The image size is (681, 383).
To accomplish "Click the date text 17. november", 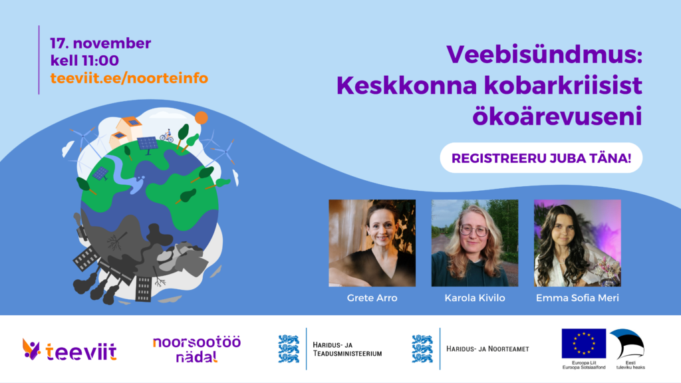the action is tap(100, 43).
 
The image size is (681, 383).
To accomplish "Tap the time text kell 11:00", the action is tap(84, 61).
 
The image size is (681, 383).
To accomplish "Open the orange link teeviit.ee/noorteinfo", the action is tap(129, 78).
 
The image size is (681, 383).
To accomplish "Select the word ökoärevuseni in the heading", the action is tap(557, 116).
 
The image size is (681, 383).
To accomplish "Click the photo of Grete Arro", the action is tap(372, 243).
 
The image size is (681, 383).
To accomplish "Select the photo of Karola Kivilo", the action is tap(475, 243).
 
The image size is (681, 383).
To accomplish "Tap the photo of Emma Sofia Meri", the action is tap(577, 243).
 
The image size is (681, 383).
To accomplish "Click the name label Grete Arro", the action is tap(372, 298).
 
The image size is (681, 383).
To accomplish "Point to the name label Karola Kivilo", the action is tap(475, 298).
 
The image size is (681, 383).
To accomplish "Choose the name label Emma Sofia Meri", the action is tap(577, 298).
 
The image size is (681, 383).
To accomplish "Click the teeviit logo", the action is tap(69, 350).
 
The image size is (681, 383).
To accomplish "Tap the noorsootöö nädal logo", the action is tap(197, 349).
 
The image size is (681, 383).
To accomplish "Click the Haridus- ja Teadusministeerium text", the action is tap(347, 349).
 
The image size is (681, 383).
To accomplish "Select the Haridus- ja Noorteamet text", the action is tap(487, 348).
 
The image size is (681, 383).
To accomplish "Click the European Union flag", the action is tap(584, 344).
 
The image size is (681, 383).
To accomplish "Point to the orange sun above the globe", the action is tap(202, 118).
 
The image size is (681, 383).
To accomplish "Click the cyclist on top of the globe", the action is tap(167, 136).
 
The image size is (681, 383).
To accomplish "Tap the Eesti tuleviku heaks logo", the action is tap(628, 349).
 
